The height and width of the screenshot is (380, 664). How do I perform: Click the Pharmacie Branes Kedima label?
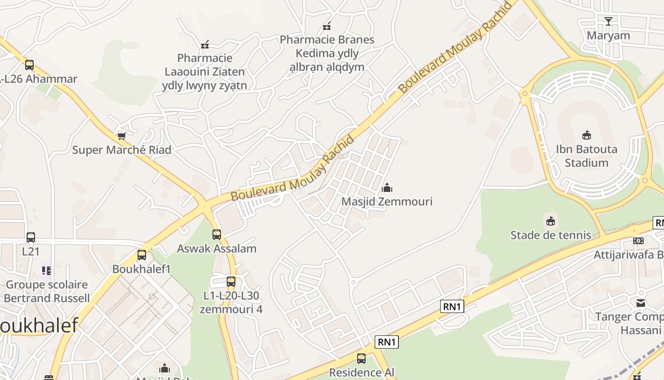pos(327,53)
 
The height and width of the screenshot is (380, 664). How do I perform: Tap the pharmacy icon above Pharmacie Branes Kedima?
pos(326,26)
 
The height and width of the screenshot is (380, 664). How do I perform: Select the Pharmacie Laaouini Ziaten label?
pos(205,72)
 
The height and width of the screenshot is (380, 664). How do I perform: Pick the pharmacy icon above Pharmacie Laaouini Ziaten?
pos(205,45)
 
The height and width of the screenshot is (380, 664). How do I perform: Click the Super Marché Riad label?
pos(121,150)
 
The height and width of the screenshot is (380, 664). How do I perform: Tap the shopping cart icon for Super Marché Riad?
pos(121,136)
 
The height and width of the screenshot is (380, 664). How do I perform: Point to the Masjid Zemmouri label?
pos(387,201)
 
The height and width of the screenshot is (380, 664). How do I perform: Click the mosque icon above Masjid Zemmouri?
pos(387,188)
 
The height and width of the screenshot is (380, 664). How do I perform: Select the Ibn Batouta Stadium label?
pos(587,156)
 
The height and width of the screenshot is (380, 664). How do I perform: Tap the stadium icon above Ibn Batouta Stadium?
pos(587,135)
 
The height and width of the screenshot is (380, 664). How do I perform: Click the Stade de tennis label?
pos(551,235)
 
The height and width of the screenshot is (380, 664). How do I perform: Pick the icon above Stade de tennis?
pos(551,221)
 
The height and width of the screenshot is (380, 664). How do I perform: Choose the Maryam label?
pos(609,36)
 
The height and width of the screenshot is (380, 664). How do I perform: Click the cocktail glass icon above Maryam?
pos(609,21)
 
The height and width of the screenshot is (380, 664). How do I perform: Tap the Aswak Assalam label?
pos(217,248)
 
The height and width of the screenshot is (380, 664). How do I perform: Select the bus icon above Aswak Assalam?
pos(217,234)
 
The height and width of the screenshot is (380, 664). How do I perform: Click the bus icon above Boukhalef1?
pos(142,255)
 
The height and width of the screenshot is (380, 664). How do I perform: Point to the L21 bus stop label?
pos(31,251)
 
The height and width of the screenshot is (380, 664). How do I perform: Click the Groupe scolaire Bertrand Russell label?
pos(46,292)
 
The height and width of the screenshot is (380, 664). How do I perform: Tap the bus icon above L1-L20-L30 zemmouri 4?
pos(231,282)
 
